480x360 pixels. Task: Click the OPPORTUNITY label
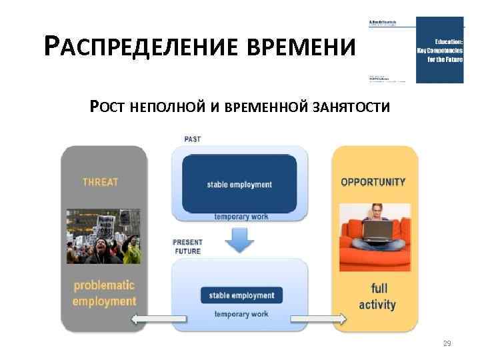373,181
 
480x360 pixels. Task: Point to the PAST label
192,139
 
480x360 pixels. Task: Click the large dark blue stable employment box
239,184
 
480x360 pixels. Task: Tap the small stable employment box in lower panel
241,295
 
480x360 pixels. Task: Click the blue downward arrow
239,241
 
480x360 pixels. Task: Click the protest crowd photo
103,237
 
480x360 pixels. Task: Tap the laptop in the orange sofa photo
377,229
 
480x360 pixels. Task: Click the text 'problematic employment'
104,293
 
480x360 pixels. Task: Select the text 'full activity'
377,297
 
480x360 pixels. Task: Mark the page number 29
447,344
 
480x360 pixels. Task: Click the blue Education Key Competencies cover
439,49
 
